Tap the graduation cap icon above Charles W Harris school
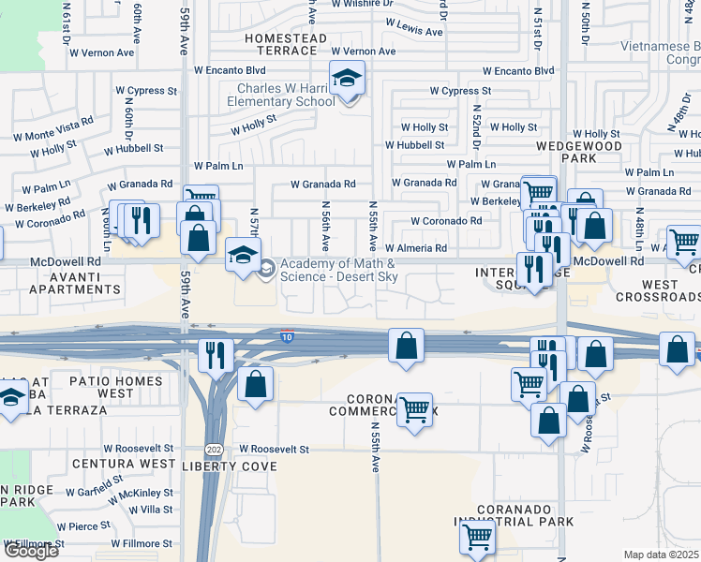click(347, 78)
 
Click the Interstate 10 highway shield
click(286, 334)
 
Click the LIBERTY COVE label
click(230, 466)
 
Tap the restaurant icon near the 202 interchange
click(216, 354)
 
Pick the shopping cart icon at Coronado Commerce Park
click(413, 408)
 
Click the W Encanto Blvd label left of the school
click(231, 70)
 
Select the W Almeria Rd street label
click(415, 248)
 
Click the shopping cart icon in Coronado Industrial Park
click(477, 538)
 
